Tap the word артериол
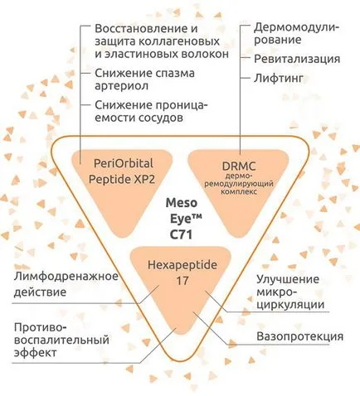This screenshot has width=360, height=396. (122, 86)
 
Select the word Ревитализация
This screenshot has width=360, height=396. (297, 59)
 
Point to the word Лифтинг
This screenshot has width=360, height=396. (279, 79)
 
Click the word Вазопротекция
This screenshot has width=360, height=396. (299, 336)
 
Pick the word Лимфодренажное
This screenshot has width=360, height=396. (66, 277)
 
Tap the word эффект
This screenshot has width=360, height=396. (36, 353)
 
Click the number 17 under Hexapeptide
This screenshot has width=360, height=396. (182, 281)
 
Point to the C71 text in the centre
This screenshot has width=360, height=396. (181, 235)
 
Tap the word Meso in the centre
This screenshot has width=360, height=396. (182, 203)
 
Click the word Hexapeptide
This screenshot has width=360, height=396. (182, 265)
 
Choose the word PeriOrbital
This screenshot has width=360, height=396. (124, 163)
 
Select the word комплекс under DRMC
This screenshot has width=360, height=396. (239, 191)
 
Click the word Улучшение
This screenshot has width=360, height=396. (288, 279)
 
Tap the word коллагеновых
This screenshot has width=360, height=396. (178, 41)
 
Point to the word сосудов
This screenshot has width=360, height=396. (160, 118)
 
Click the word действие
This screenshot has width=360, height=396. (40, 292)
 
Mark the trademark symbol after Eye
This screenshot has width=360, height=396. (197, 217)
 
